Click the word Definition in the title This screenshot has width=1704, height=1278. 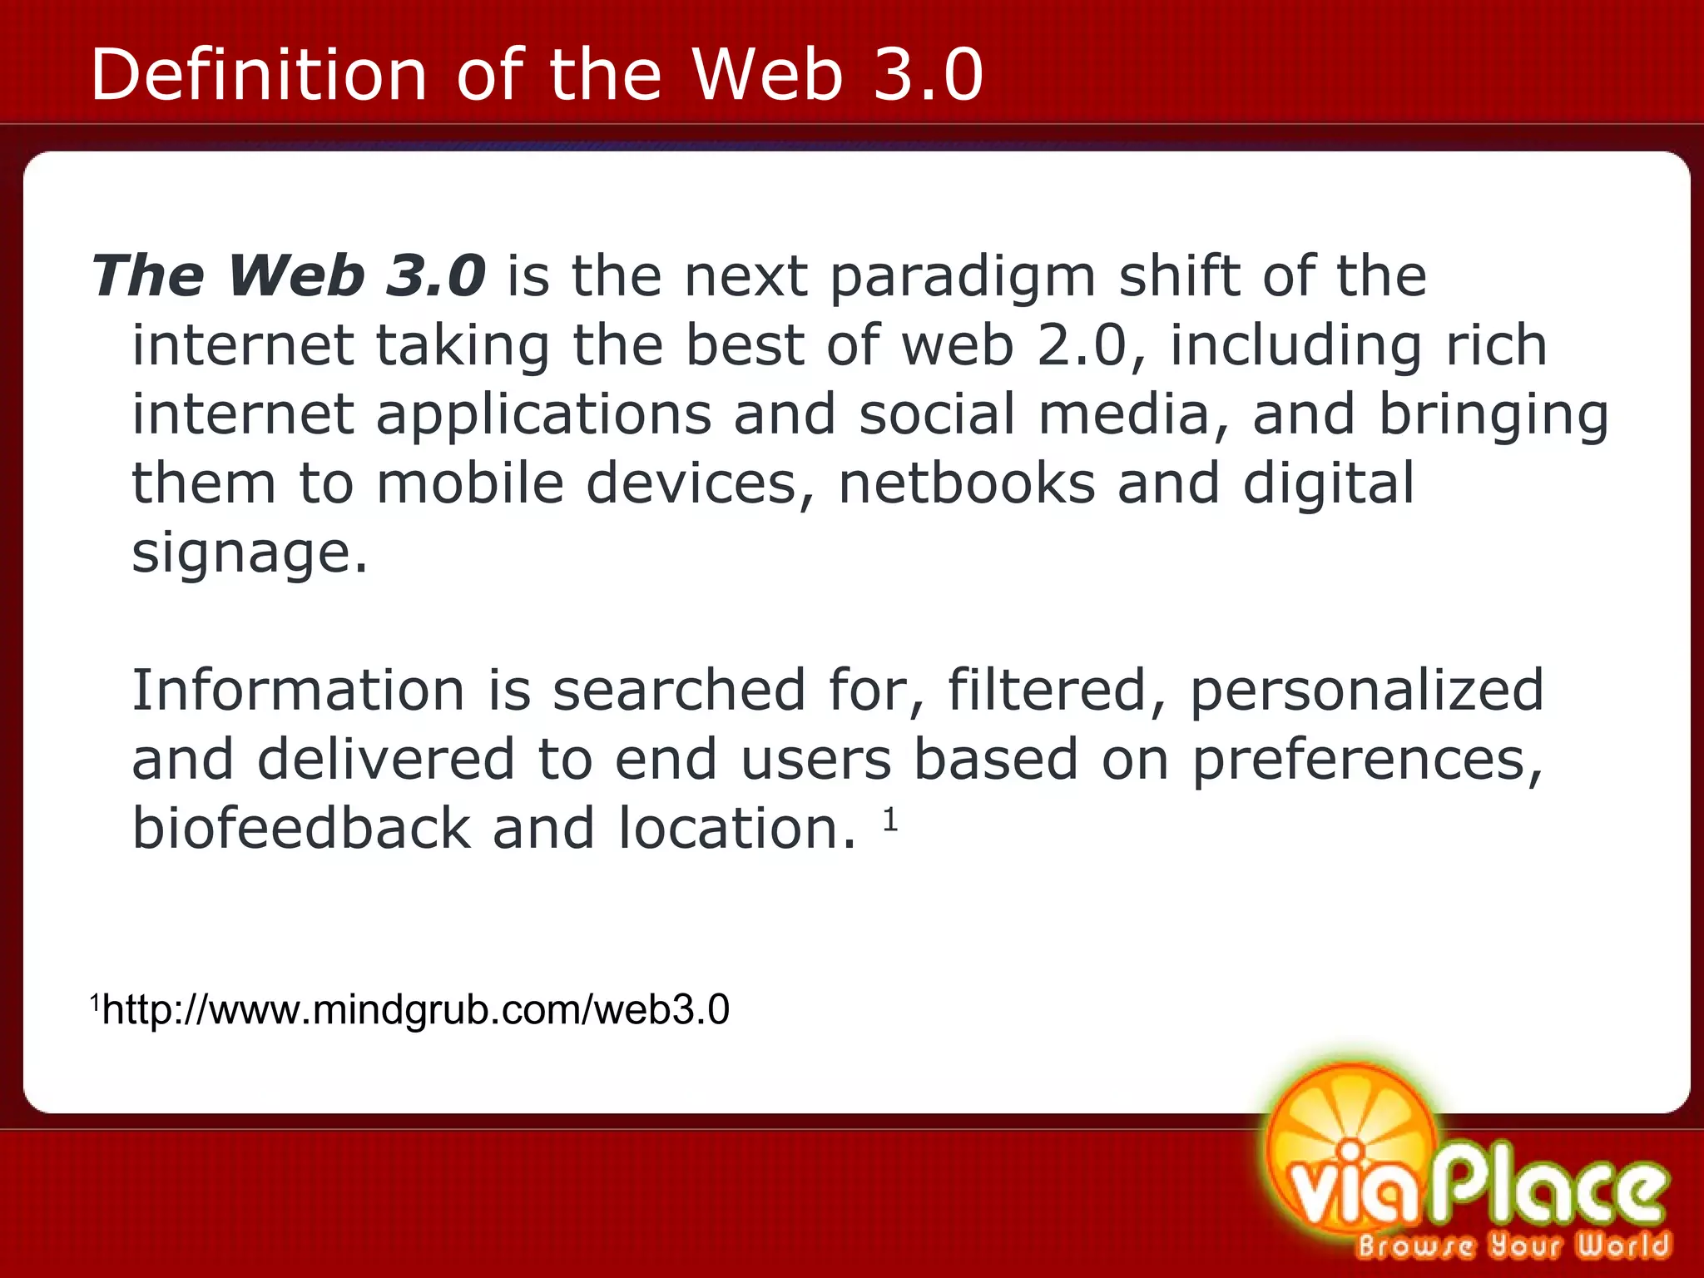pos(258,75)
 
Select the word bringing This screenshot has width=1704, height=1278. pos(1493,416)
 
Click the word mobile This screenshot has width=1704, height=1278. pos(470,483)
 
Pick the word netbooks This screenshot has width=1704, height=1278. pos(967,483)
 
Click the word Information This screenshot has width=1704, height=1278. pos(298,691)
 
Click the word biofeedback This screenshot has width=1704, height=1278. pos(301,829)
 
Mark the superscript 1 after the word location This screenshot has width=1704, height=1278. pos(890,820)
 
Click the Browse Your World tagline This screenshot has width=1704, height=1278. pos(1513,1246)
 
